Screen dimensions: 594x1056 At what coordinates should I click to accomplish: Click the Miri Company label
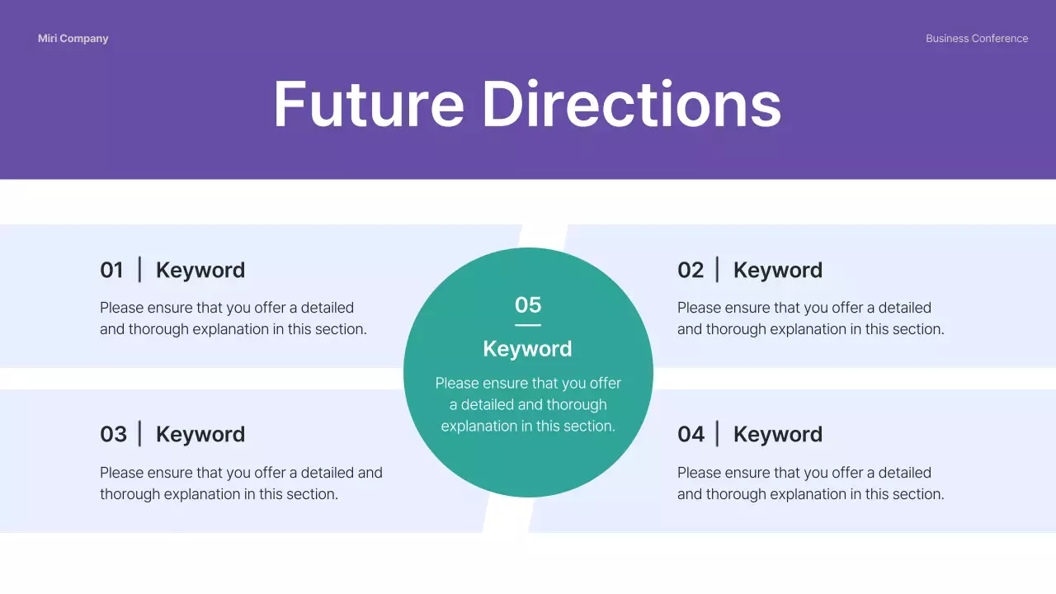click(x=73, y=39)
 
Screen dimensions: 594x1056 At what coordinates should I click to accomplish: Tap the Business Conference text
click(x=977, y=39)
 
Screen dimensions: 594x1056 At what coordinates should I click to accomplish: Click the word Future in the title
click(x=369, y=104)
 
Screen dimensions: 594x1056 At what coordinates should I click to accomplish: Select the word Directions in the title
click(x=631, y=104)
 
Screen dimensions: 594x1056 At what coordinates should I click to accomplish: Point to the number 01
click(x=111, y=271)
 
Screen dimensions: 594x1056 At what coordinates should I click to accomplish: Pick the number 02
click(x=691, y=271)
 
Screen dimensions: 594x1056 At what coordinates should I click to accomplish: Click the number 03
click(x=113, y=435)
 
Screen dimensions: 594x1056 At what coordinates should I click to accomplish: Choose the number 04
click(x=691, y=435)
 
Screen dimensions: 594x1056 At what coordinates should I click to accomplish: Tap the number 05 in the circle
click(x=528, y=305)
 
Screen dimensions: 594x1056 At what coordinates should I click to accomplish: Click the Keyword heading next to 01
click(x=200, y=271)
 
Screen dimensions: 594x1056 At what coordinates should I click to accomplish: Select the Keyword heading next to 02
click(x=778, y=271)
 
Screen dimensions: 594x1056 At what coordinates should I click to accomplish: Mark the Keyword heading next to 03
click(x=200, y=435)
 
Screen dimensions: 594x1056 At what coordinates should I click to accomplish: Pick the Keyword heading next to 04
click(x=778, y=435)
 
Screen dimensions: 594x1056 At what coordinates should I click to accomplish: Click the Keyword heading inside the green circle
click(x=528, y=349)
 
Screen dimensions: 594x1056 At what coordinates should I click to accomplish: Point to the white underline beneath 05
click(x=528, y=325)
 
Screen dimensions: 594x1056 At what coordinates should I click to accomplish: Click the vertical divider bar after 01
click(x=139, y=270)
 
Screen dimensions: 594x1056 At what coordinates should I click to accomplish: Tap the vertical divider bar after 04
click(x=717, y=434)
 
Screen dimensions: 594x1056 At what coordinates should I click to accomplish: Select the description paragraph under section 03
click(x=241, y=483)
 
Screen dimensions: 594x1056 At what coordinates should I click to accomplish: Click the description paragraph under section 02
click(x=810, y=318)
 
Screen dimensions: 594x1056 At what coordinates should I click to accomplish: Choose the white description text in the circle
click(x=528, y=405)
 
